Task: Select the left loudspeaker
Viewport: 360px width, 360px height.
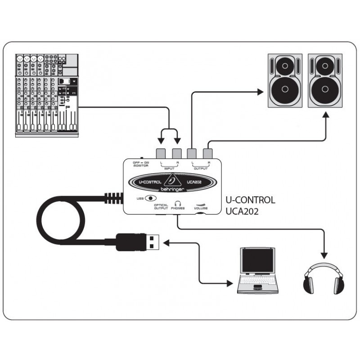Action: [x=285, y=81]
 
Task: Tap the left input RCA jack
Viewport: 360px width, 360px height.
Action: [x=161, y=153]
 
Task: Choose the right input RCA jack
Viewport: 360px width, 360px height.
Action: [x=176, y=153]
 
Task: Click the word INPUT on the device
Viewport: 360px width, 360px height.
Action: [x=169, y=169]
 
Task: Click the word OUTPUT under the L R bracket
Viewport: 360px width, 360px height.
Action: [x=201, y=169]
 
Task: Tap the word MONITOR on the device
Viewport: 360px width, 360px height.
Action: [x=140, y=166]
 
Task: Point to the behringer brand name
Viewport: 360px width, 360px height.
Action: [x=170, y=190]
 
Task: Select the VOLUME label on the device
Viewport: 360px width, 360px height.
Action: [x=201, y=209]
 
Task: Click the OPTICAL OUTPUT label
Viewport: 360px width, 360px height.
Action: [x=161, y=207]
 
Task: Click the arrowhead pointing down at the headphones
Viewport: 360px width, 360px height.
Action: [x=324, y=254]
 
